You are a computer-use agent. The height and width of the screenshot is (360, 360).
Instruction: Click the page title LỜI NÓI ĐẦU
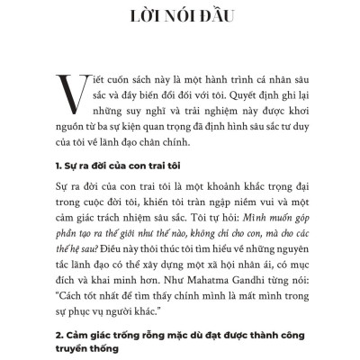(180, 18)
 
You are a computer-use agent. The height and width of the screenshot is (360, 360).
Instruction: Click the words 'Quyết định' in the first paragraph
(237, 93)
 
